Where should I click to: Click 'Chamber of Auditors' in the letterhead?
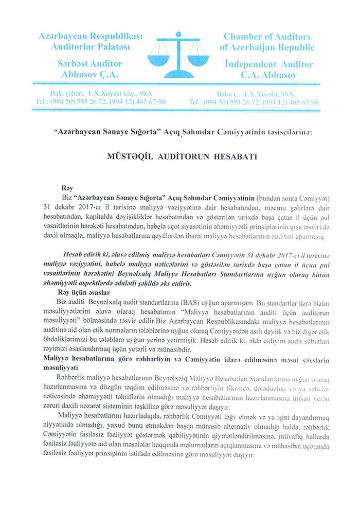click(x=267, y=37)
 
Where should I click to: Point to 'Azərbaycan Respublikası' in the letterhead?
click(x=90, y=37)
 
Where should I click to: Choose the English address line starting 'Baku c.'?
click(x=256, y=94)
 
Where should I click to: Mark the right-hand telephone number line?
click(x=254, y=102)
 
